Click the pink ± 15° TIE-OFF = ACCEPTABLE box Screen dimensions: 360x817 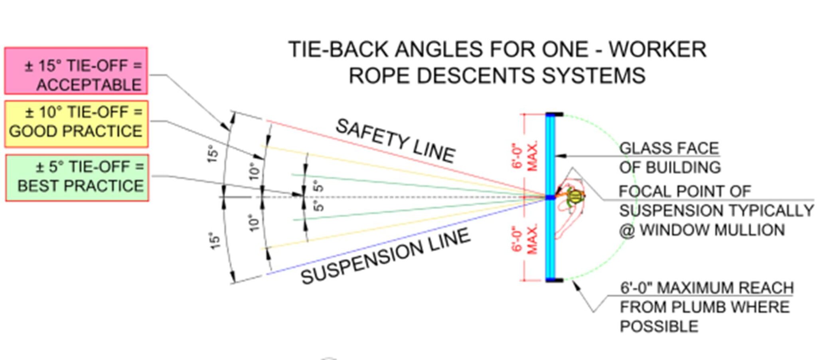76,71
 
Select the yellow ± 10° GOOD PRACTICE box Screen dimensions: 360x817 76,124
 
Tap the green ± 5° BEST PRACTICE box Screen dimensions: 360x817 77,178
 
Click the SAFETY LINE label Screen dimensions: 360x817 395,140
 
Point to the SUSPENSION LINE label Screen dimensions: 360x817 385,255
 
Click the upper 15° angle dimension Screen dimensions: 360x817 213,154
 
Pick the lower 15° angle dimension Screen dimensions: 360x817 215,241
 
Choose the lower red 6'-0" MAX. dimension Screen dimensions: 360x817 525,239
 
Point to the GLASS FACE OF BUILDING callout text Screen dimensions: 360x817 669,158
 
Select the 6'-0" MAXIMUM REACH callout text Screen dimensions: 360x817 706,288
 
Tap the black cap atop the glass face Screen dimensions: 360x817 555,115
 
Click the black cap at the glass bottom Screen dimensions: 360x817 555,280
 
